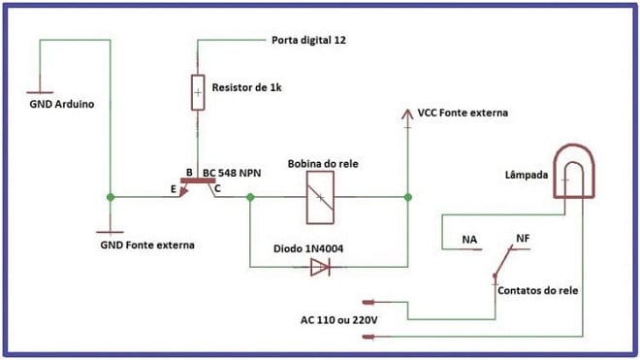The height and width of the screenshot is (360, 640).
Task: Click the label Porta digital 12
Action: click(x=306, y=42)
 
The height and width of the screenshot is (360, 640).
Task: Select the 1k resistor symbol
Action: click(x=198, y=92)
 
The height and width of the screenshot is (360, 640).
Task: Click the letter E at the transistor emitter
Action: click(x=174, y=190)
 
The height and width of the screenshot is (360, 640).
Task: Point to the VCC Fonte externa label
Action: click(x=463, y=114)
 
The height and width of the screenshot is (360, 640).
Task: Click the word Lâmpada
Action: click(x=528, y=176)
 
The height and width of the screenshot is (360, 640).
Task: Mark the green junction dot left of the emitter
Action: click(x=112, y=197)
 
